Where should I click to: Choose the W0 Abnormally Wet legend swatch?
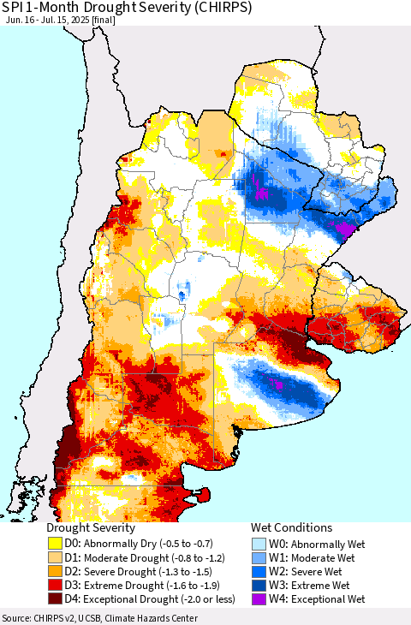(258, 543)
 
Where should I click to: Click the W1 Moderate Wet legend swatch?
(258, 557)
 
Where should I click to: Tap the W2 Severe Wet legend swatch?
(258, 571)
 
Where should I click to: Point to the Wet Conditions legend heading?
(291, 528)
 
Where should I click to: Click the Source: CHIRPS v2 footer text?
(99, 618)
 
